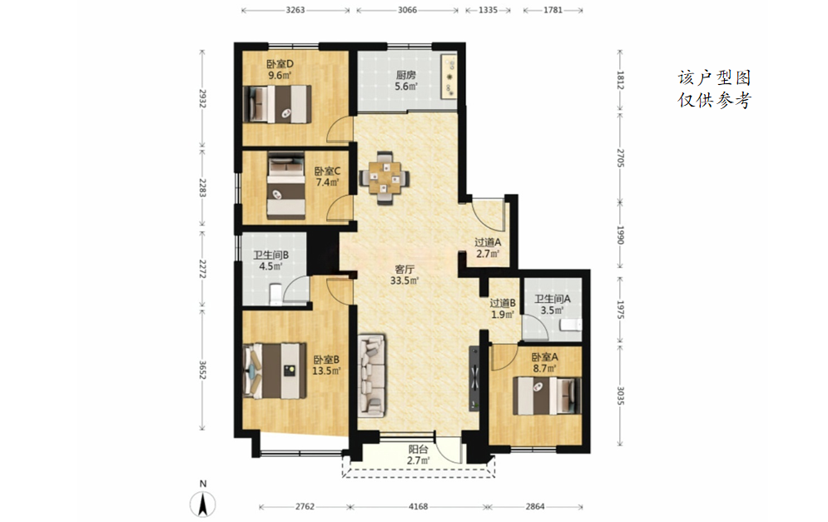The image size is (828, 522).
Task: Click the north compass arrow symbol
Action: coord(203,504)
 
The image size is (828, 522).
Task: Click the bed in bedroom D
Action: coord(277,104)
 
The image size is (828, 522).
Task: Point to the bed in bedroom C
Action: coord(285,186)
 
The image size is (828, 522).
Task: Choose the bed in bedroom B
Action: coord(275,370)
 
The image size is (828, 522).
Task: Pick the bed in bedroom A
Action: coord(547,395)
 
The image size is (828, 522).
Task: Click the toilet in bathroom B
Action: coord(275,294)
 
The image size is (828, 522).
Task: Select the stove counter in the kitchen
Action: coord(449,76)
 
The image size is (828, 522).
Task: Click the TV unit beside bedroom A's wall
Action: coord(474,378)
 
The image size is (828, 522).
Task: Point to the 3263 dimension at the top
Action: coord(295,10)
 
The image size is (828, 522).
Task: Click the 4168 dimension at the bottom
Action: coord(419,507)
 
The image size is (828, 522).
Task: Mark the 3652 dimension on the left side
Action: coord(202,370)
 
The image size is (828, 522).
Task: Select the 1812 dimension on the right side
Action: coord(621,80)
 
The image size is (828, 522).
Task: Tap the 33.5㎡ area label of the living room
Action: coord(404,281)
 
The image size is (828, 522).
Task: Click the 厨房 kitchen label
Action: coord(405,75)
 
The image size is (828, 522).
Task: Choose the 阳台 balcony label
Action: coord(418,450)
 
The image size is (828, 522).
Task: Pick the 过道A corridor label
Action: coord(488,242)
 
